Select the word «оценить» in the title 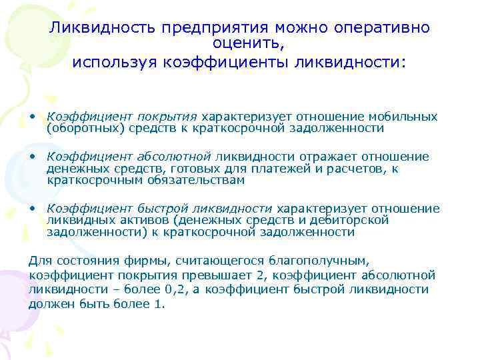point(248,45)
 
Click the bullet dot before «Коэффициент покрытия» point(32,116)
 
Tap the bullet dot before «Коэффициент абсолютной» point(32,156)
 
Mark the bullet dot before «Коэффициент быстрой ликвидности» point(32,209)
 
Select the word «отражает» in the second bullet point(318,157)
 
